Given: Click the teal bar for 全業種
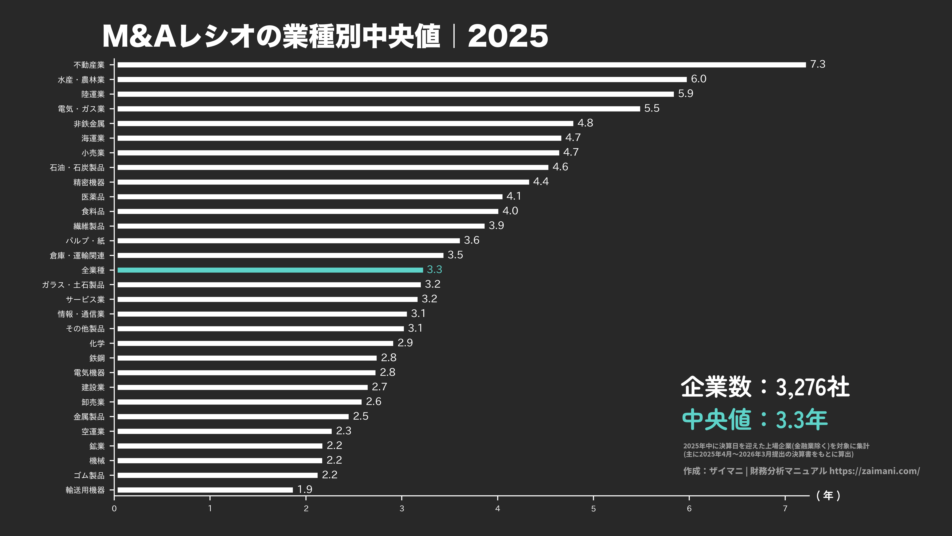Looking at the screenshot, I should (270, 270).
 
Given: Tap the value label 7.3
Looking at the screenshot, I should (817, 64).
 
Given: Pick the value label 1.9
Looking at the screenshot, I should (305, 489).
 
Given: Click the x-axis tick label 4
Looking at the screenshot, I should (498, 509).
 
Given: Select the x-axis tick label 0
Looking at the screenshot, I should (114, 509).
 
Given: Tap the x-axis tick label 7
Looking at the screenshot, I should (785, 509).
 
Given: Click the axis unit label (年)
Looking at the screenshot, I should (828, 496).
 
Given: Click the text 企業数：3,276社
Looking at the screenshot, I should (765, 387).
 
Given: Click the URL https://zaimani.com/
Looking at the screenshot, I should (874, 471).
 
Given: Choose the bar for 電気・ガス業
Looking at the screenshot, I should (379, 109).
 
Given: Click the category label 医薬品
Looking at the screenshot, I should (93, 197).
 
